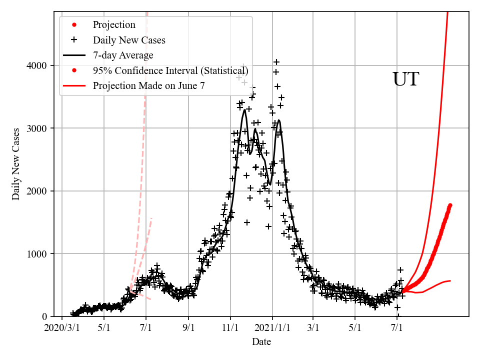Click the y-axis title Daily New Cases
click(16, 164)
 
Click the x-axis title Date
click(261, 342)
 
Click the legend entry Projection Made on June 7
click(148, 85)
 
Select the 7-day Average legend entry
click(123, 55)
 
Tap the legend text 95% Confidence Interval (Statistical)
click(170, 70)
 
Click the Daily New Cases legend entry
click(129, 40)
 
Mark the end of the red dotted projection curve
click(450, 205)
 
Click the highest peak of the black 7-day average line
click(244, 110)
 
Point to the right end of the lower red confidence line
click(450, 280)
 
